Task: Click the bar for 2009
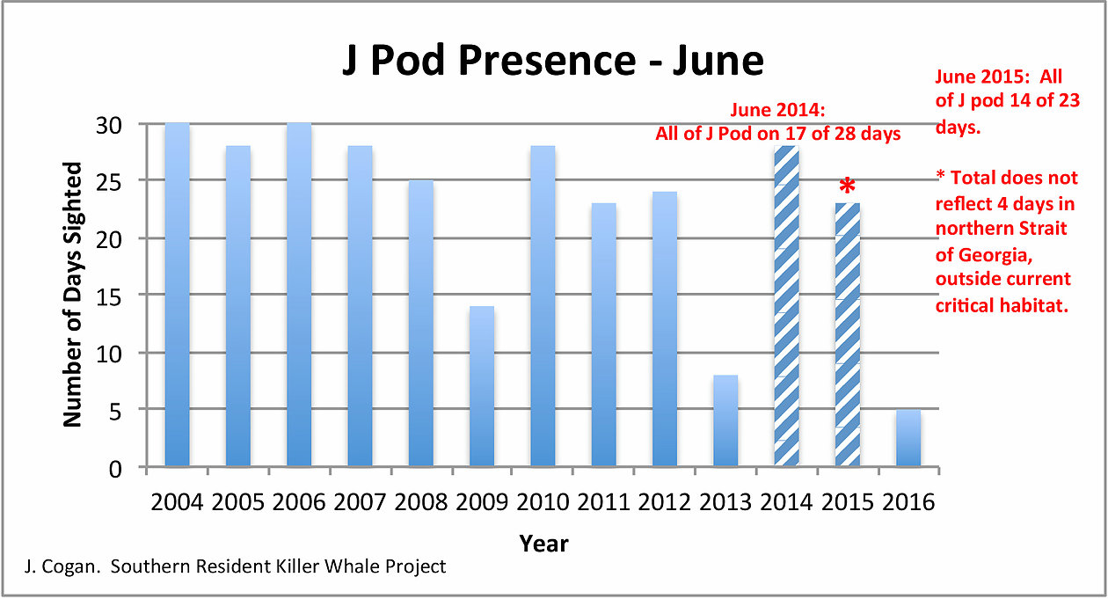click(x=482, y=386)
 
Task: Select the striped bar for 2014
click(x=786, y=307)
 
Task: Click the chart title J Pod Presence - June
click(x=553, y=62)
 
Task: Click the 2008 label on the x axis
click(x=420, y=502)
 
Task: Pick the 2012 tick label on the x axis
click(x=664, y=502)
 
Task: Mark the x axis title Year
click(x=543, y=543)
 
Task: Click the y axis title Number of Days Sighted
click(x=72, y=295)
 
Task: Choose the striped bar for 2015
click(x=847, y=335)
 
